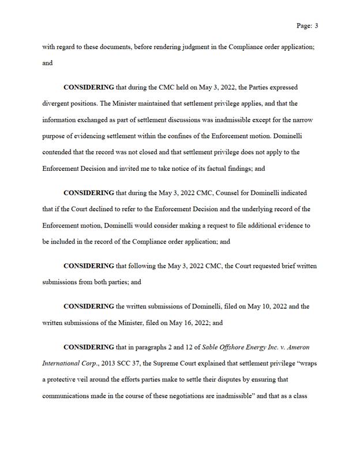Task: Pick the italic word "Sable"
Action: (204, 348)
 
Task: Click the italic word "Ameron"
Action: (297, 348)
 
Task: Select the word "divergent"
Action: (58, 104)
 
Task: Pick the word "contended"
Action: (59, 152)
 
